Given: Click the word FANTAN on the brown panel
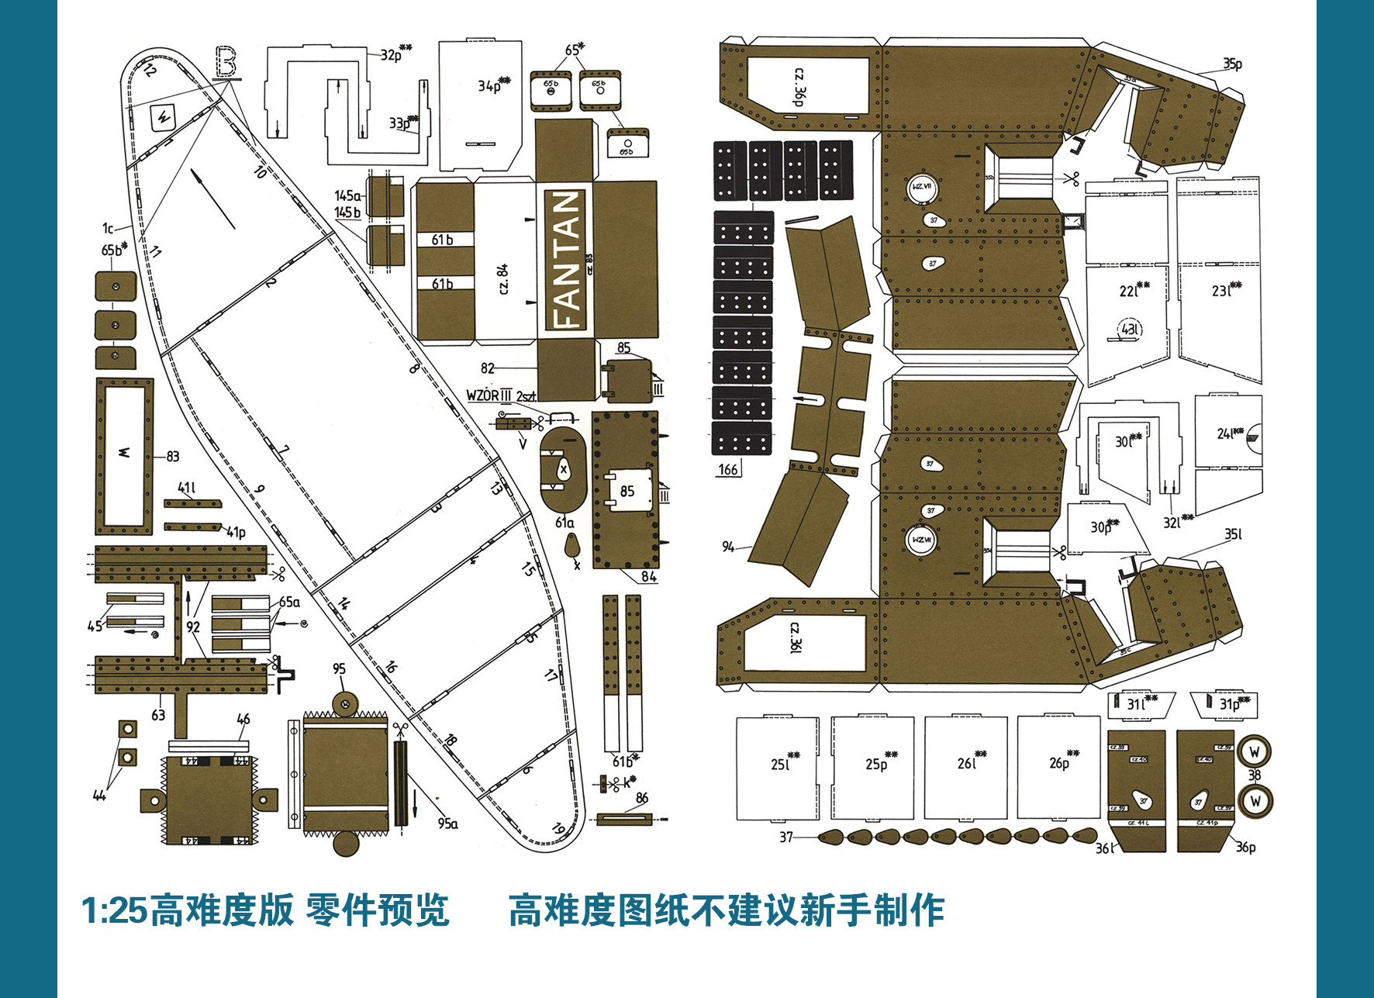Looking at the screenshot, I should (567, 259).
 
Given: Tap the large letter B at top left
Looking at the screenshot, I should (226, 62).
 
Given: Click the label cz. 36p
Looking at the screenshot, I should (799, 86).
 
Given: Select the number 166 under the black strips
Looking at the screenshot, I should (728, 469).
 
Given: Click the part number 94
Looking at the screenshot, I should (728, 547).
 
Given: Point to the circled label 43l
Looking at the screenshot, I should (1131, 330).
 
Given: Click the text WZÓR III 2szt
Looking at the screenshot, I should (500, 395).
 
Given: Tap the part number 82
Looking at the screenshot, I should (488, 368).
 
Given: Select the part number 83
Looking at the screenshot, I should (172, 457).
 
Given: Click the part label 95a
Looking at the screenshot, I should (448, 824).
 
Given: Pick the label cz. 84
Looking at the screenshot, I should (502, 279).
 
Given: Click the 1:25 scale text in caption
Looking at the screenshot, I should (113, 910).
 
